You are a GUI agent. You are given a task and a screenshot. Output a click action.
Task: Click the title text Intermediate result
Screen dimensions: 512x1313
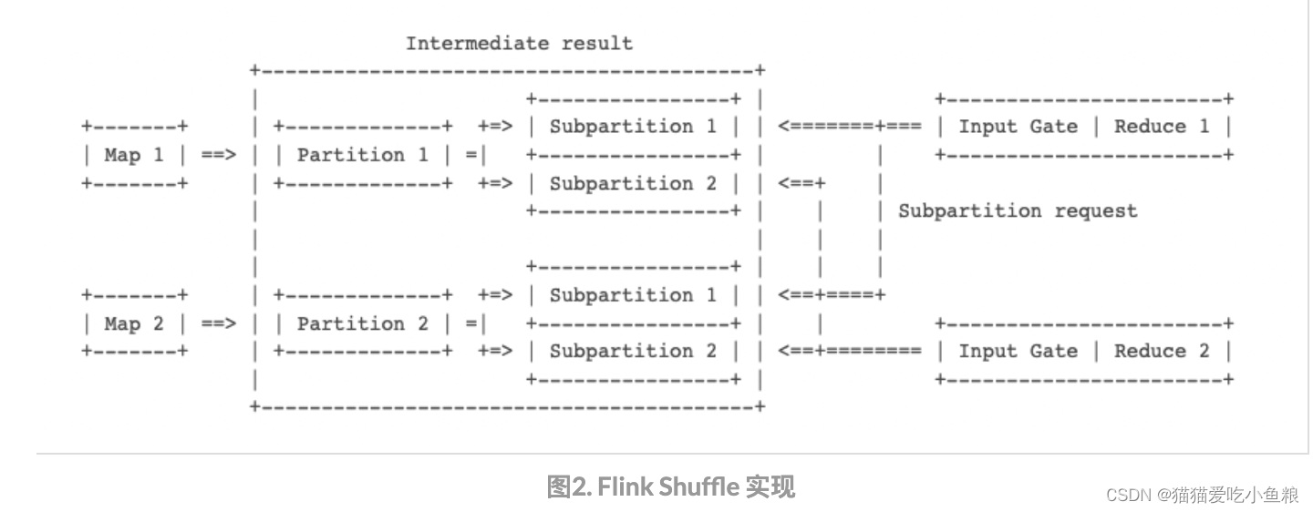pos(519,43)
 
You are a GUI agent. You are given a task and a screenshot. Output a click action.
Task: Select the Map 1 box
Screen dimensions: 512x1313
pos(134,155)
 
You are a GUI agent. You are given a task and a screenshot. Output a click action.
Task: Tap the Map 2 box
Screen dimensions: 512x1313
pos(134,323)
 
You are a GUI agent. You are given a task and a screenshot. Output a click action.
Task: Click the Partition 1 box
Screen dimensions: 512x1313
pos(362,155)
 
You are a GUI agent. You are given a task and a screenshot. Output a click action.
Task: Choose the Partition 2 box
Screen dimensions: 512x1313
pos(362,323)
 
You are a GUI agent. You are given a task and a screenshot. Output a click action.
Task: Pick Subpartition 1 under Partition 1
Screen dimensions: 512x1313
pos(633,127)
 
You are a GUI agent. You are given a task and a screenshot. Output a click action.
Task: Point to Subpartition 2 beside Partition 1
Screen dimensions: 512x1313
pos(633,183)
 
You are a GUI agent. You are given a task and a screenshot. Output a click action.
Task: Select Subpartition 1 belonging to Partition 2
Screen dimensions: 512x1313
pos(633,295)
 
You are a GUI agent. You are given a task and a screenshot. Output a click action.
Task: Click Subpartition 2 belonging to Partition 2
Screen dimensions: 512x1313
pos(633,352)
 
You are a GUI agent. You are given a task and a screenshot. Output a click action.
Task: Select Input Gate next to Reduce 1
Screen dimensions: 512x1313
pos(1018,127)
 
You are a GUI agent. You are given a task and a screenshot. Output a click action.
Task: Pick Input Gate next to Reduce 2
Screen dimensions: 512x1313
pos(1018,352)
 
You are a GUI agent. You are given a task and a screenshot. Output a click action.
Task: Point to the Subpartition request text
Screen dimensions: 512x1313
pos(1018,211)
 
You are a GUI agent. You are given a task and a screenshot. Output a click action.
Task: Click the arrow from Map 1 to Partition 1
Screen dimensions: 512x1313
pos(219,155)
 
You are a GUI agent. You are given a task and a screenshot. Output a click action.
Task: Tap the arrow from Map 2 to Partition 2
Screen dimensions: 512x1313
pos(219,323)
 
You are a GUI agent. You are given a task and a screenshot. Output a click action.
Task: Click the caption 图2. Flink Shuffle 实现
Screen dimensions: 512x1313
pos(670,487)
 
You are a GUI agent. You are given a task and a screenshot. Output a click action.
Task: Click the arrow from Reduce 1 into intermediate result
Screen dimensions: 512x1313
pos(848,127)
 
